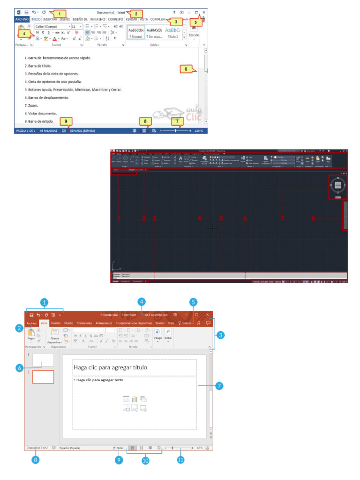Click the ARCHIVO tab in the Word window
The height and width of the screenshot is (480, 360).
click(x=22, y=19)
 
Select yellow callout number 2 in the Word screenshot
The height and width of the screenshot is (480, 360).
click(x=135, y=14)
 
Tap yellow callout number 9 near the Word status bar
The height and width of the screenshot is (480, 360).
click(x=66, y=121)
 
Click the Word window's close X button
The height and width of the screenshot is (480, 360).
click(x=203, y=12)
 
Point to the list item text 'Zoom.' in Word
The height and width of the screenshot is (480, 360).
click(x=33, y=105)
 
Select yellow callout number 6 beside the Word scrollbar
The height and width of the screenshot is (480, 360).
click(x=186, y=69)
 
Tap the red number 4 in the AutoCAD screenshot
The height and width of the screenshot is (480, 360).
click(x=199, y=218)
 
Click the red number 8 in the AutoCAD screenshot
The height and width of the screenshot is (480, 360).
click(x=314, y=218)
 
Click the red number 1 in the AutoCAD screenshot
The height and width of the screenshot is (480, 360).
click(x=119, y=218)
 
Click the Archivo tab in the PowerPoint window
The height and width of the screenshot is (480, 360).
click(x=32, y=323)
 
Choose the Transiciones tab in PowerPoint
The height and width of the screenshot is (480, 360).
click(x=84, y=323)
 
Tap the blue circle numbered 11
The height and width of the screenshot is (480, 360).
click(x=180, y=460)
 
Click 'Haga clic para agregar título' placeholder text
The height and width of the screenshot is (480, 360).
click(x=111, y=367)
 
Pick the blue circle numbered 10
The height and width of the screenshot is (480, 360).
click(x=145, y=460)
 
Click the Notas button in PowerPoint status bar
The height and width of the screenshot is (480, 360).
click(x=119, y=448)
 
